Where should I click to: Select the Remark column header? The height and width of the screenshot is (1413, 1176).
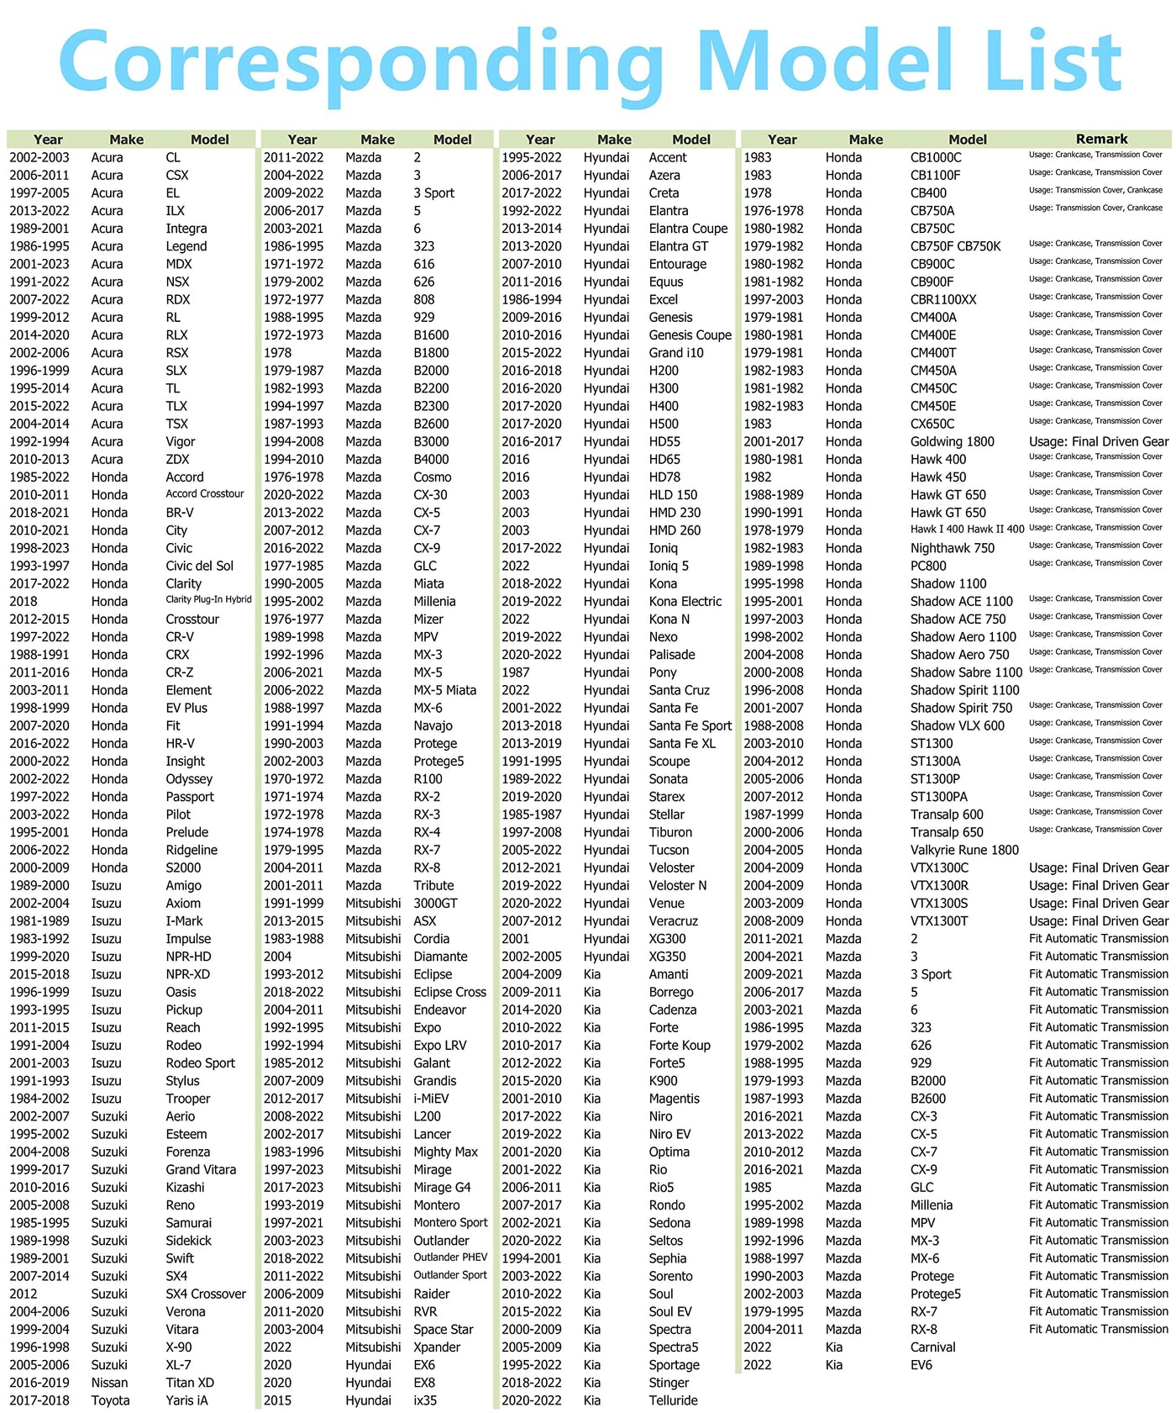tap(1101, 139)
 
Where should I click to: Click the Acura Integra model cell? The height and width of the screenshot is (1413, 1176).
tap(186, 229)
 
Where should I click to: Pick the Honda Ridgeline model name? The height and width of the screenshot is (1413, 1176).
tap(192, 850)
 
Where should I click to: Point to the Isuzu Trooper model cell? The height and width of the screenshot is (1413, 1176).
tap(187, 1099)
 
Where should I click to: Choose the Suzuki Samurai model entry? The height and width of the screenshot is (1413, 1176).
tap(188, 1223)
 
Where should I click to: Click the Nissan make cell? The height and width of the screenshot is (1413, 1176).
tap(109, 1383)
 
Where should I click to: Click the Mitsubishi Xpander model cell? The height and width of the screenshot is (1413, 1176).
tap(437, 1347)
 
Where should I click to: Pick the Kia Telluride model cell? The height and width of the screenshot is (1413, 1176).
tap(673, 1400)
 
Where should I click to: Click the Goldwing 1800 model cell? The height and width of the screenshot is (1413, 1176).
tap(952, 441)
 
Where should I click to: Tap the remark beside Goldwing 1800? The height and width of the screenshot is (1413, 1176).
tap(1099, 441)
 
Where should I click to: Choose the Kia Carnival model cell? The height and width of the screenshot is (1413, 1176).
tap(932, 1347)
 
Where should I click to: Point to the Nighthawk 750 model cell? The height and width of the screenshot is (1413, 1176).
tap(952, 548)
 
